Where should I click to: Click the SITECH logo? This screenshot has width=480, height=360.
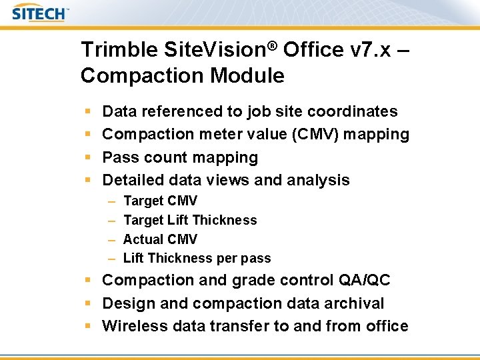point(40,13)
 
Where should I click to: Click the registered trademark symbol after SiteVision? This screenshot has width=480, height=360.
point(273,45)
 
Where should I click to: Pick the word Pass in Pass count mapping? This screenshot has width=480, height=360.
point(117,157)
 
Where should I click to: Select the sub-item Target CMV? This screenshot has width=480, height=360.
point(160,201)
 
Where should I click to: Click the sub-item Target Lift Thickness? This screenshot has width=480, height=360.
point(190,220)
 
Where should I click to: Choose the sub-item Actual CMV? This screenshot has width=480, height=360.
point(160,239)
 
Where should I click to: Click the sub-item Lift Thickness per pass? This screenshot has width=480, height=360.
point(197,258)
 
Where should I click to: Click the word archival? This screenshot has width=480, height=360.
point(357,303)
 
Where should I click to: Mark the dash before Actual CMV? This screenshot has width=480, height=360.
point(110,239)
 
